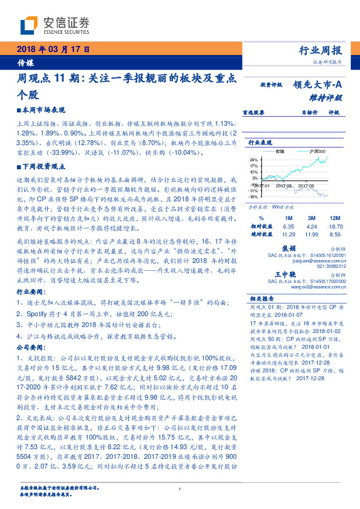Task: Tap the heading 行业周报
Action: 321,50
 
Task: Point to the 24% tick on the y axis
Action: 254,160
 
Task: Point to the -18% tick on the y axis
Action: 253,196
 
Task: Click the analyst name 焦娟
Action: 289,248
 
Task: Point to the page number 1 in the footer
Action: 180,490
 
